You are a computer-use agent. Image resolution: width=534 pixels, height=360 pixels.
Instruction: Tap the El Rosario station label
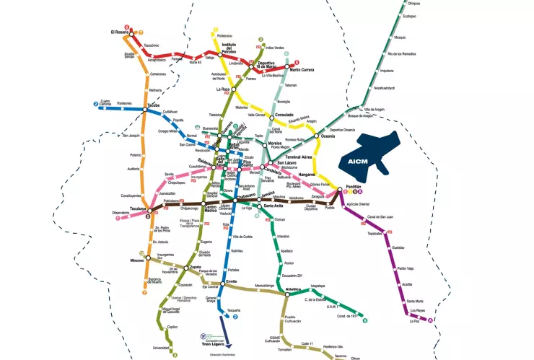coord(119,32)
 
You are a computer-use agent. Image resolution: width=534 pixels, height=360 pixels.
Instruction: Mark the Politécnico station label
coord(225,35)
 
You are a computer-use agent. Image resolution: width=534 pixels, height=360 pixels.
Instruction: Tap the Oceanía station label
coord(328,136)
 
